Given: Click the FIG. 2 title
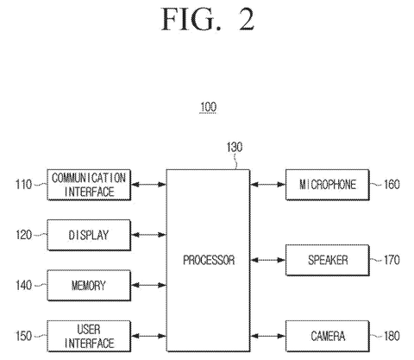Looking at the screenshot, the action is (208, 19).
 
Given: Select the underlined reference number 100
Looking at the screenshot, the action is (208, 107).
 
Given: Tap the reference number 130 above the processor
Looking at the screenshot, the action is (235, 147).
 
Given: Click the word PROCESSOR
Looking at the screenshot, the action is (209, 260).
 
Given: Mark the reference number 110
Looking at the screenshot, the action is (23, 185).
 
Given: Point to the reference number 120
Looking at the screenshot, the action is (23, 235).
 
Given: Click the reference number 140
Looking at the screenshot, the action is (23, 285).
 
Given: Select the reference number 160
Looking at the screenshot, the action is (392, 185).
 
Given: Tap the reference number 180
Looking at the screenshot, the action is (392, 336).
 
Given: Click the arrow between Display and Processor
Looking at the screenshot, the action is (148, 235).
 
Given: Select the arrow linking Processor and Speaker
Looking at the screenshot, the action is (267, 260).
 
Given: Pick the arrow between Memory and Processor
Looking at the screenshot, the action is (148, 285).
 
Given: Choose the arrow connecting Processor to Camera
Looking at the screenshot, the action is (267, 336).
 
